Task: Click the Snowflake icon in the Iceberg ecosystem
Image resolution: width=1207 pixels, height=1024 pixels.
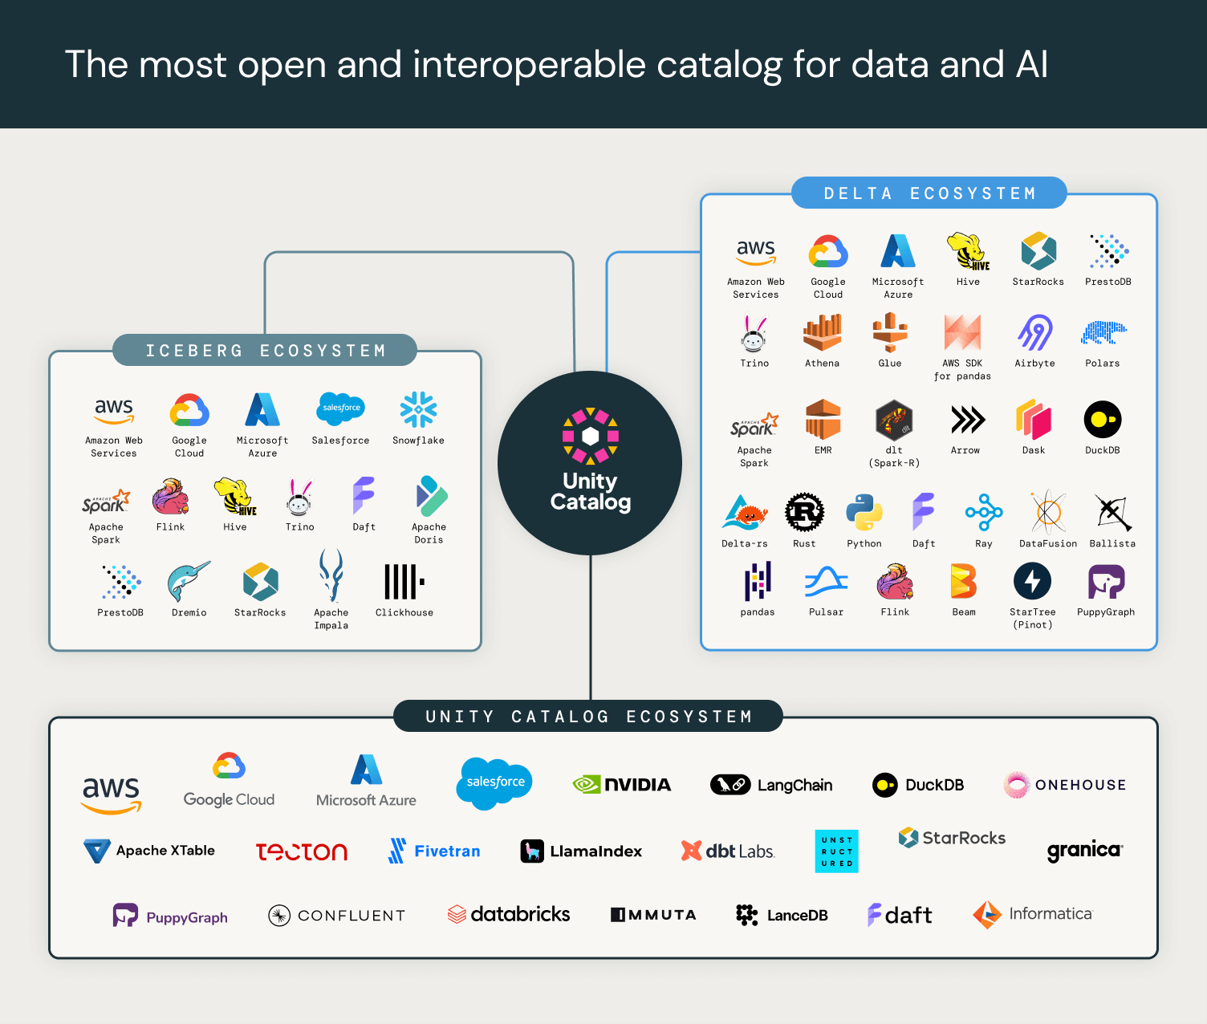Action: point(418,410)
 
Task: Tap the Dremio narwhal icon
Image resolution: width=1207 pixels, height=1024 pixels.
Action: point(189,581)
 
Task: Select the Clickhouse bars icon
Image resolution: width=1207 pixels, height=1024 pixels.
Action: point(404,581)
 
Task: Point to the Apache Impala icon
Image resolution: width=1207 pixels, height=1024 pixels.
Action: point(331,575)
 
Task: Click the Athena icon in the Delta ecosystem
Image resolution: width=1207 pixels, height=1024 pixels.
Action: point(823,332)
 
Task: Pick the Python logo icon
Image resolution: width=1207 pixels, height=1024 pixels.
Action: point(864,512)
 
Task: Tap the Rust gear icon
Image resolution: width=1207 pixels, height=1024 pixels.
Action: point(804,512)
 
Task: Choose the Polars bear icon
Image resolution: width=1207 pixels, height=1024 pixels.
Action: point(1103,332)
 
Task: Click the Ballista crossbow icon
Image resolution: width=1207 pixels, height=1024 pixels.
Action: point(1113,512)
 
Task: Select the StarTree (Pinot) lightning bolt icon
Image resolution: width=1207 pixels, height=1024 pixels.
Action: point(1033,581)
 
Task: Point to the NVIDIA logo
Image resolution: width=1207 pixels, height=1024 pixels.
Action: point(622,785)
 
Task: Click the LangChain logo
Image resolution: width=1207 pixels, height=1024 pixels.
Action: point(771,785)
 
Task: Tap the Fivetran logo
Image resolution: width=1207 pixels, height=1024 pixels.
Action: point(434,851)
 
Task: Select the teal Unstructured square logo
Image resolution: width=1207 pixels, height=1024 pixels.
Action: point(836,851)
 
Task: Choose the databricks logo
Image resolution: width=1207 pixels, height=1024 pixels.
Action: point(509,914)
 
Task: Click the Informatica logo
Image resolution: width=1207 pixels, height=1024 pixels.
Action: point(1033,914)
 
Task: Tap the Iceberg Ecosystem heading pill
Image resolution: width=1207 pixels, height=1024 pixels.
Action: point(265,351)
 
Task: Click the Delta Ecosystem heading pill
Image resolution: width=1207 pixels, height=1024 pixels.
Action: point(929,193)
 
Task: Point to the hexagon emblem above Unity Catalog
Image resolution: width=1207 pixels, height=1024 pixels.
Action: point(591,436)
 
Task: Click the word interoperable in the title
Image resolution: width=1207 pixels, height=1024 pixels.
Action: point(529,65)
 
